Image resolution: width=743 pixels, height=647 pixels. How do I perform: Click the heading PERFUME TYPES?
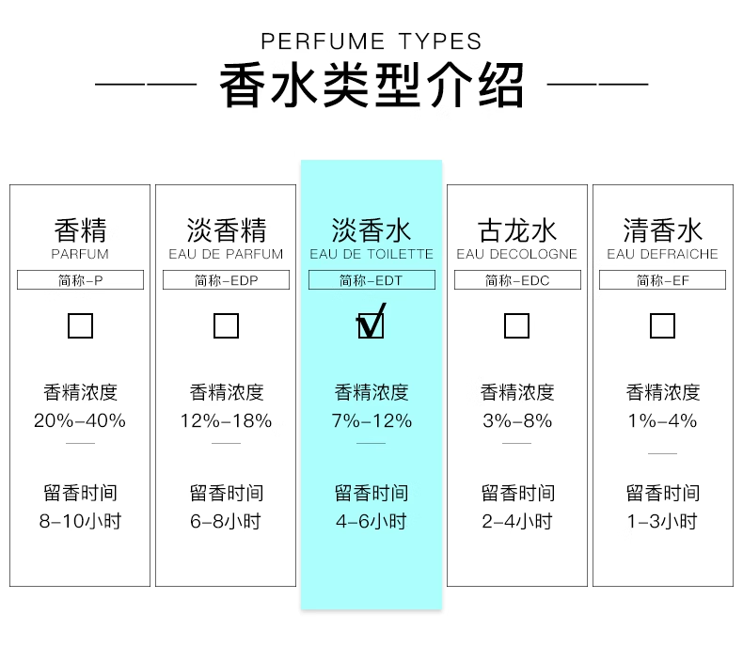click(x=371, y=41)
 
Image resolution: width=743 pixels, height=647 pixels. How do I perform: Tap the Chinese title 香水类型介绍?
click(x=371, y=86)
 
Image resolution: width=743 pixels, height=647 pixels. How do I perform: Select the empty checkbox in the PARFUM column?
click(x=80, y=325)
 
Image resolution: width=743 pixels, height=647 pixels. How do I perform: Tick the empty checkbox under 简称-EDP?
click(x=226, y=325)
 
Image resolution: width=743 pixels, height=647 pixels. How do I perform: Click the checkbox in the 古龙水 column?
click(x=516, y=325)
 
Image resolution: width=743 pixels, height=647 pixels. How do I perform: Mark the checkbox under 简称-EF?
click(x=662, y=325)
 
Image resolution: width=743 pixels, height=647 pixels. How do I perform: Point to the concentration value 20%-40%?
click(x=80, y=420)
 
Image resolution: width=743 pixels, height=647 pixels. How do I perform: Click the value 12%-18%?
click(x=226, y=420)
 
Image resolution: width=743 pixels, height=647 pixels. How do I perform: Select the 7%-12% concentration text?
click(x=371, y=420)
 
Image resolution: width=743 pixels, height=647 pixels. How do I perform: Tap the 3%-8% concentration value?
click(x=517, y=420)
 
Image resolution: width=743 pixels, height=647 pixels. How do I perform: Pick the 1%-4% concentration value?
click(x=662, y=420)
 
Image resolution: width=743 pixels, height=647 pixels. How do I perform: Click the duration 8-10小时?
click(x=80, y=521)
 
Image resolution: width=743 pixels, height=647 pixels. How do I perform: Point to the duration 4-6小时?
click(x=371, y=521)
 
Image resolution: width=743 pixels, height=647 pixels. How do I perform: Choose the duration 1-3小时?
click(x=662, y=521)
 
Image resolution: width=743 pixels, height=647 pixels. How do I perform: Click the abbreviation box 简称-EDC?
click(x=517, y=280)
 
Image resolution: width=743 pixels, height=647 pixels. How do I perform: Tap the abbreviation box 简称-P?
click(x=81, y=280)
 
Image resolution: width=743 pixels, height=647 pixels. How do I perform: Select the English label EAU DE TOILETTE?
click(x=371, y=254)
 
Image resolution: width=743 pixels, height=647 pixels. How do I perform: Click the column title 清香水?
click(x=662, y=230)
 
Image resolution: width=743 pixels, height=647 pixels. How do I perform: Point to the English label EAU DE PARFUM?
click(x=226, y=254)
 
